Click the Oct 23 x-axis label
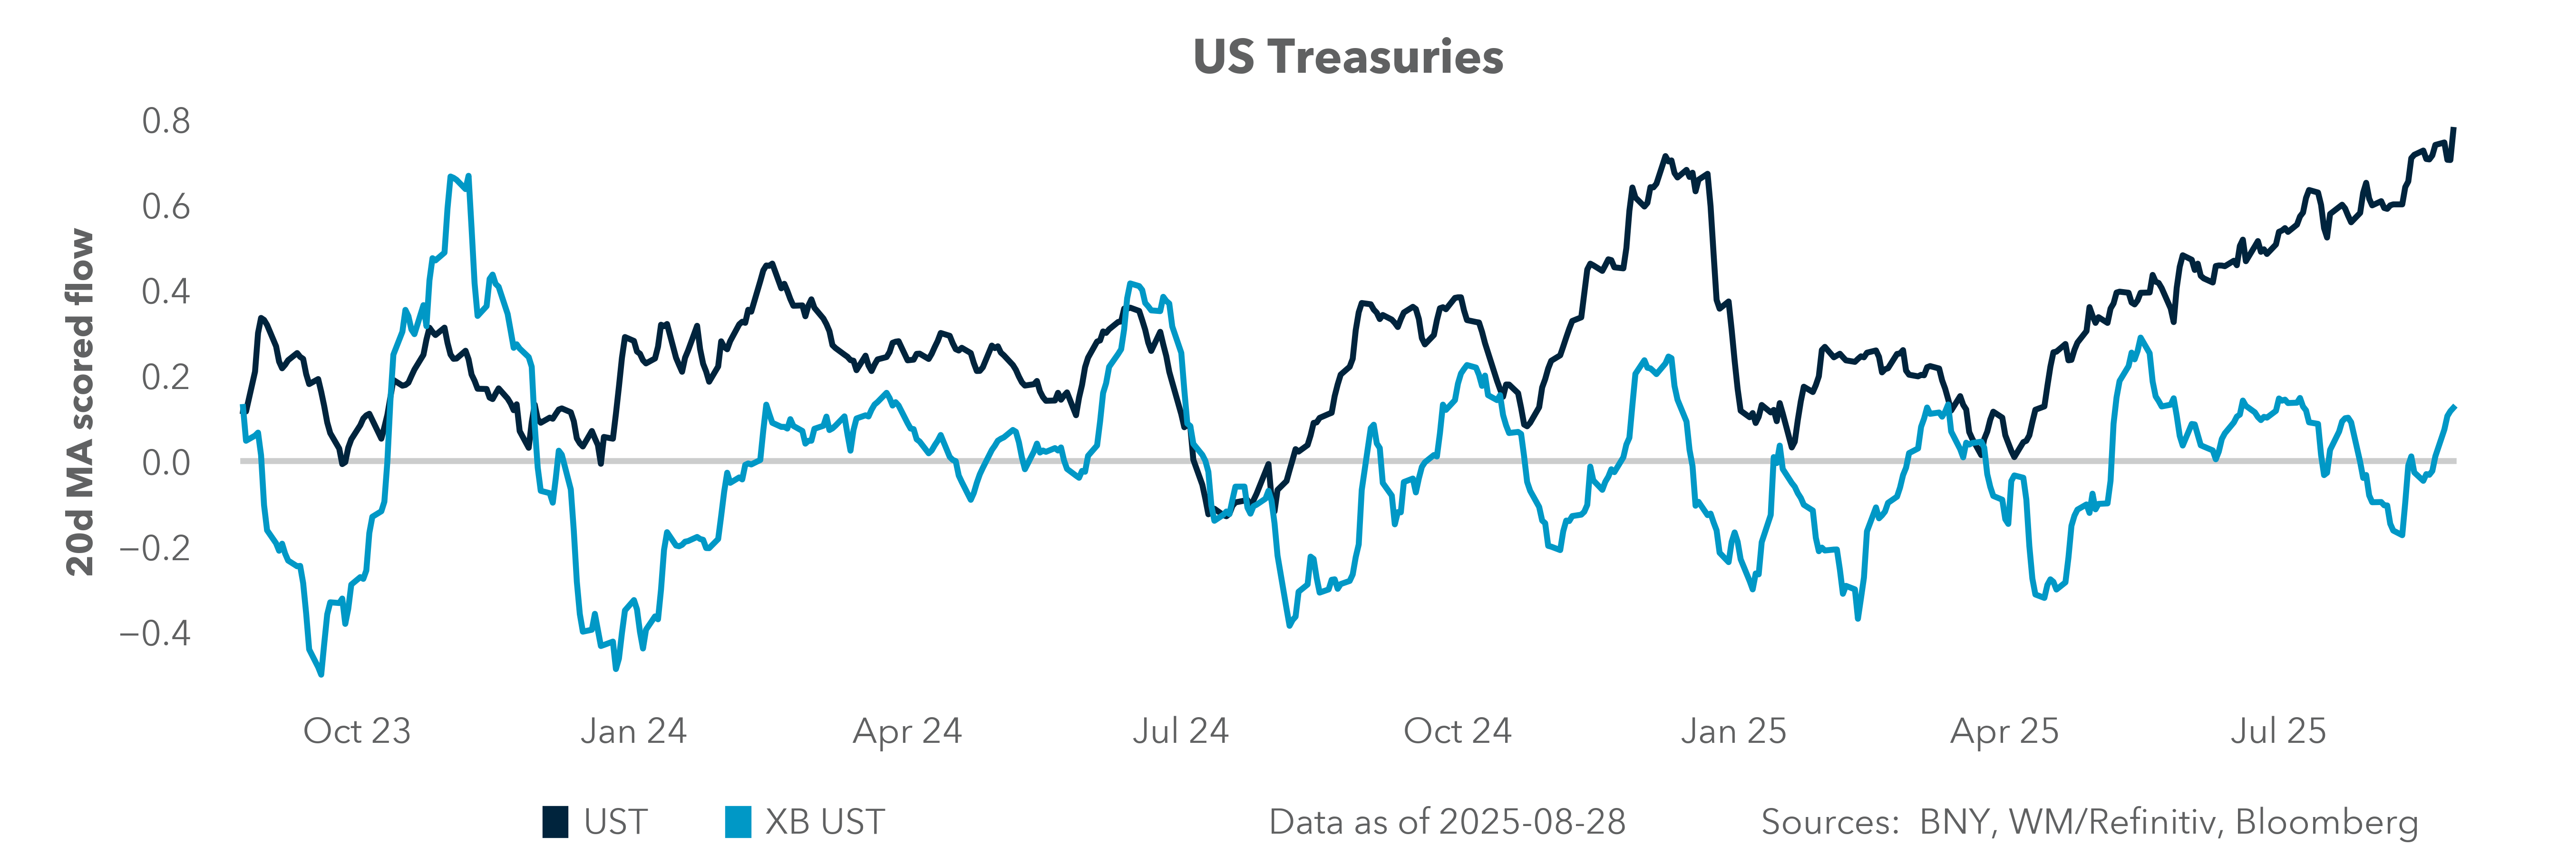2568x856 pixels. coord(357,731)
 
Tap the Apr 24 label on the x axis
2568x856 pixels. coord(907,731)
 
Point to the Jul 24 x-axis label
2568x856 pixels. coord(1180,731)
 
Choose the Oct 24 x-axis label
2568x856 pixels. coord(1458,731)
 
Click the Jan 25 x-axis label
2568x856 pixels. coord(1733,731)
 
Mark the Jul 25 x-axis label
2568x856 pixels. coord(2278,731)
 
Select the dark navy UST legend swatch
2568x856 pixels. coord(555,822)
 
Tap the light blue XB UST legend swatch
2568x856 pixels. coord(738,822)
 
